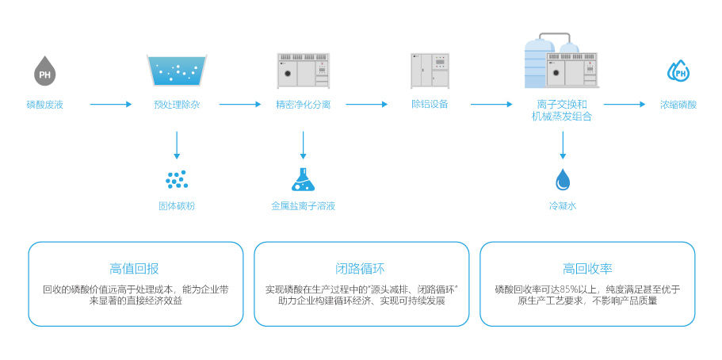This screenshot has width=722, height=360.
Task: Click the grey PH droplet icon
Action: (x=45, y=71)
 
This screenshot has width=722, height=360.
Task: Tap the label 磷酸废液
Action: (x=45, y=104)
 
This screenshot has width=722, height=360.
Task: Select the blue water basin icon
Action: (x=177, y=71)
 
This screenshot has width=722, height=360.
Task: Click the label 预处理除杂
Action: (x=177, y=104)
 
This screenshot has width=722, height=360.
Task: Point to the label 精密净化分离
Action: (x=303, y=104)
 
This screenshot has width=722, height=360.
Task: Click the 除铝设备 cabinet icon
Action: (x=430, y=71)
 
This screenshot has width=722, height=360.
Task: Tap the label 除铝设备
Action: (x=430, y=104)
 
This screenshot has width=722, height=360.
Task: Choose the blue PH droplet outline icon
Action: (x=678, y=72)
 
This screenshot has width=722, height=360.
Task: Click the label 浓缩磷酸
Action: (x=678, y=104)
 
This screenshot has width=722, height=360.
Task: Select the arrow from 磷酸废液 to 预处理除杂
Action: (x=109, y=104)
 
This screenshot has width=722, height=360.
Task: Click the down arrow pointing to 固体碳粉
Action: (x=177, y=145)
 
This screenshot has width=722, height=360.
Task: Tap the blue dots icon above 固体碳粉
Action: (x=176, y=179)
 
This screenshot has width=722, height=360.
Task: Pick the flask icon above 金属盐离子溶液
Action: (x=303, y=179)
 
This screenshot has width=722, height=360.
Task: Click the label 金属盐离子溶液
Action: (x=303, y=206)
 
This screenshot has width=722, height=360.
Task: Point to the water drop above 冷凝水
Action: (x=563, y=180)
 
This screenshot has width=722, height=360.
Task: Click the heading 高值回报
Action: (x=135, y=268)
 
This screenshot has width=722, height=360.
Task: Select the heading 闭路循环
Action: (x=361, y=268)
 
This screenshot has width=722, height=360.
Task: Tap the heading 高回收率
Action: (x=587, y=268)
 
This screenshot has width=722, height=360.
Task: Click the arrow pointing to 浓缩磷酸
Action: (x=625, y=104)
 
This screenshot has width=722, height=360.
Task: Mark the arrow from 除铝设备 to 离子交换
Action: (x=491, y=104)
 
